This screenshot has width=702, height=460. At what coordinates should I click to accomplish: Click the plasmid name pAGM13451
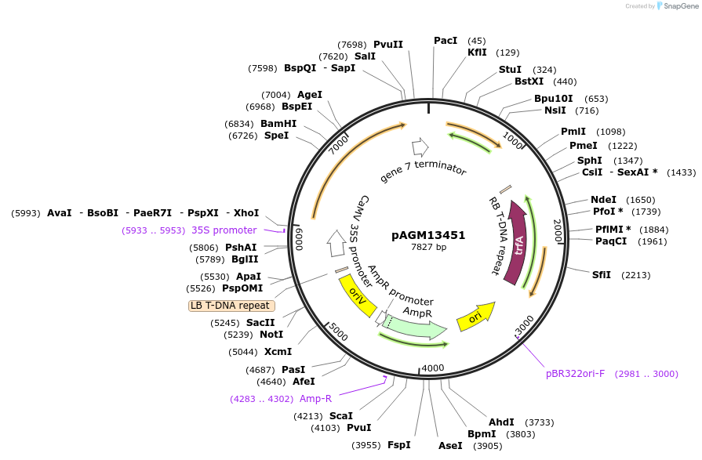(428, 234)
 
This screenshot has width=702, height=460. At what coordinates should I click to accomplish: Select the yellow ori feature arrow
(476, 317)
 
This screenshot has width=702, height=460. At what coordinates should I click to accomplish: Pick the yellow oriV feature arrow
(357, 296)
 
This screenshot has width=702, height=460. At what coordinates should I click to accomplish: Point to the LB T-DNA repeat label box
(231, 306)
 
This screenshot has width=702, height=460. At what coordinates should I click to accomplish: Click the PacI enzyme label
(446, 41)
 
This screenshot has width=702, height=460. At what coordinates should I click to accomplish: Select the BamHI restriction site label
(278, 124)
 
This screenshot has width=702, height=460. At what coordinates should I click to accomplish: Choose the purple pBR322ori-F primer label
(576, 374)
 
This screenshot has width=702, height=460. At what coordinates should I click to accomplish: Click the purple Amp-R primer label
(316, 399)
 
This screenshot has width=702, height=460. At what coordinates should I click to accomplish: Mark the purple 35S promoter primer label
(224, 230)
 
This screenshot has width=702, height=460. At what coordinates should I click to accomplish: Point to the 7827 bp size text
(428, 248)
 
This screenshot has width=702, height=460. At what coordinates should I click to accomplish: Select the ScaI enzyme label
(340, 415)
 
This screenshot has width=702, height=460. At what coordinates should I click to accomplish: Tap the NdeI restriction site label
(604, 200)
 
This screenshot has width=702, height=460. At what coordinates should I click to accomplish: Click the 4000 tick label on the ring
(433, 368)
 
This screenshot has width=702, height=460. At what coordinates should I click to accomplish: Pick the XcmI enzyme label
(278, 352)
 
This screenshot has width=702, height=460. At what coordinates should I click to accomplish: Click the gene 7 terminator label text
(424, 172)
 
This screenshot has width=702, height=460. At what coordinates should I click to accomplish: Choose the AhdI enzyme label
(501, 422)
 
